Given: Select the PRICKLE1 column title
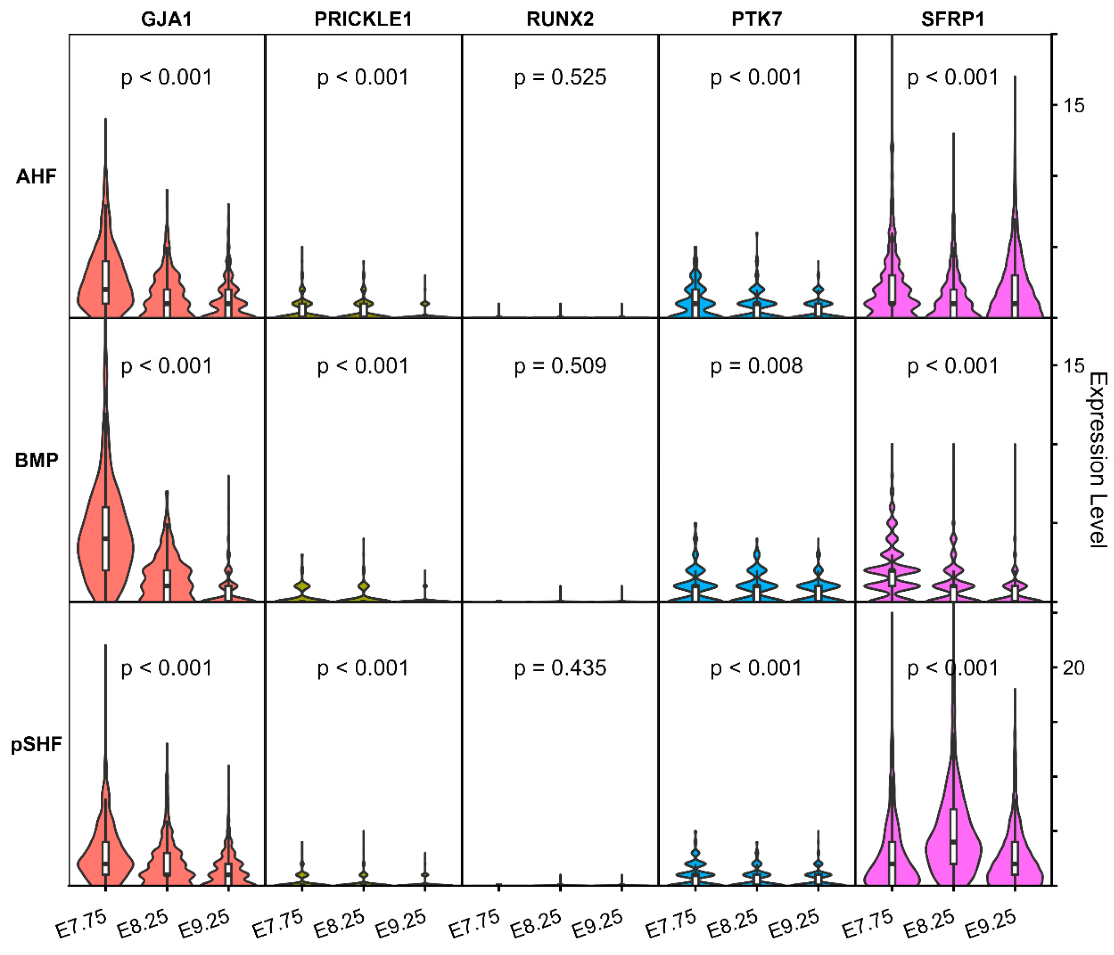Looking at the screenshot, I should coord(363,19).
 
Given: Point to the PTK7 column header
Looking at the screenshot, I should coord(756,19).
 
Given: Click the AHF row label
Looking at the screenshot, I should coord(36,177).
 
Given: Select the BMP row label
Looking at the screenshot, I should coord(36,460).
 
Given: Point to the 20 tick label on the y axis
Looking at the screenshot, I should coord(1073,668).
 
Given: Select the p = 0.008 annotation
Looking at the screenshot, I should coord(756,366).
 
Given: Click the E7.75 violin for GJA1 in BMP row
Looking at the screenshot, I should coord(105,543).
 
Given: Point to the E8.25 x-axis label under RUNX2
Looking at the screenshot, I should coord(536,923).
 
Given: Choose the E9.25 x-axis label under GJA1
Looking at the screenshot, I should coord(204,923).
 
